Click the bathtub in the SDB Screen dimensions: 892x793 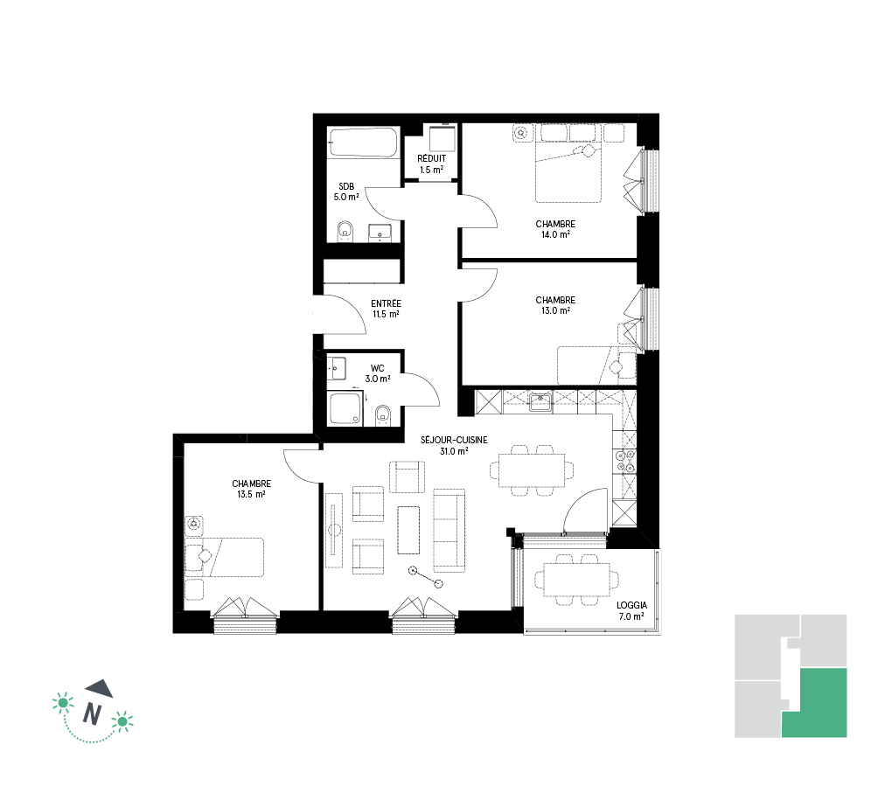click(x=362, y=143)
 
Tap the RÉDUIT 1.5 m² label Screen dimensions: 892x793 click(x=431, y=163)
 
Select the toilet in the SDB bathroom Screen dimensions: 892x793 click(x=345, y=232)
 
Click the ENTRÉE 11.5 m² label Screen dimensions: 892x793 click(x=386, y=309)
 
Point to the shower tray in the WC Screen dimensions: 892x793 click(x=345, y=408)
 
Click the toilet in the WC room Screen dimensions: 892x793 click(x=383, y=415)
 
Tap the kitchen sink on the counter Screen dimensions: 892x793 click(x=540, y=401)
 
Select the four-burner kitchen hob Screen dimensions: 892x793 click(x=625, y=461)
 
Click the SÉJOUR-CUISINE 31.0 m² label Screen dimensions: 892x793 click(x=454, y=445)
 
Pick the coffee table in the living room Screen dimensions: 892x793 click(x=408, y=530)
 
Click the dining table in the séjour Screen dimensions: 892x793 click(x=532, y=470)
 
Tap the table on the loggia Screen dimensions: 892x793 click(x=577, y=580)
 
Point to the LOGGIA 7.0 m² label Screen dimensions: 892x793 click(x=631, y=611)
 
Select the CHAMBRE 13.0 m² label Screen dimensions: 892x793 click(x=555, y=305)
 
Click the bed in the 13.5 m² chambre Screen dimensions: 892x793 click(x=224, y=558)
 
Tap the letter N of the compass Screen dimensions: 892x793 click(x=92, y=713)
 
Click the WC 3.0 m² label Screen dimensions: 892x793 click(x=377, y=373)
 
